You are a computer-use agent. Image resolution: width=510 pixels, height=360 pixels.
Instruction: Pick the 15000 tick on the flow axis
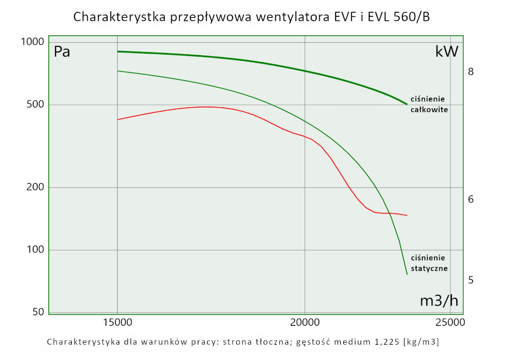(x=117, y=322)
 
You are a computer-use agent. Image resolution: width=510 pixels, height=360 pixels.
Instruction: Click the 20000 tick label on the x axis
(x=304, y=322)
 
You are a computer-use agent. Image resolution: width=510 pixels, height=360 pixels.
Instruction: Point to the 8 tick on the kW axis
(x=471, y=72)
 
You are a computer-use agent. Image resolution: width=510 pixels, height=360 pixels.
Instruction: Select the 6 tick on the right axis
(x=471, y=199)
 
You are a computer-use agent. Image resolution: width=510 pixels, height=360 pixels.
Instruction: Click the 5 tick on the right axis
(x=471, y=280)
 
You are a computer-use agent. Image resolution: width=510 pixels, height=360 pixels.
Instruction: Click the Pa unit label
(x=62, y=52)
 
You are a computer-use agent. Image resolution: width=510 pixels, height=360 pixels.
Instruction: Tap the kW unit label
(x=447, y=52)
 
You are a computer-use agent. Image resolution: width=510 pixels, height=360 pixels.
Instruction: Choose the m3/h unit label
(x=439, y=301)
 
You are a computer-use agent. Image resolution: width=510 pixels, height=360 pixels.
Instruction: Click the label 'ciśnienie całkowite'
(x=429, y=104)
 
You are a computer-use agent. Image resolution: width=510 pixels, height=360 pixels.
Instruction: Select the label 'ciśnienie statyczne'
(x=429, y=263)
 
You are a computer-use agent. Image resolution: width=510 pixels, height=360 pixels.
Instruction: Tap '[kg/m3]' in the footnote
(x=421, y=342)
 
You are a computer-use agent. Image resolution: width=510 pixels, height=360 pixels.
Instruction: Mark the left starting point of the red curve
(x=118, y=119)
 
